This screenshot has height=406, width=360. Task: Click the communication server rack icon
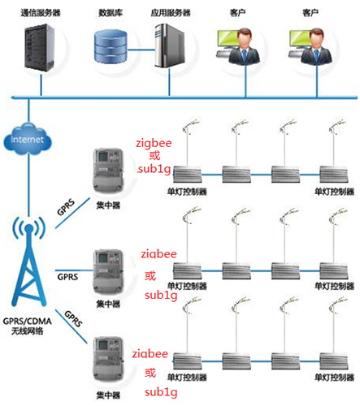coord(40,48)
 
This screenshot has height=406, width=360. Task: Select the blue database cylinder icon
coord(111,45)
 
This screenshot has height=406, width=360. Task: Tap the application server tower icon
coord(169,45)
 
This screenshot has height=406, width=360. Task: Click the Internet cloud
coord(28,139)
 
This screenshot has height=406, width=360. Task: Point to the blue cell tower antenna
coord(28,261)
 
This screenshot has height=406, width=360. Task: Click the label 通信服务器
coord(41,13)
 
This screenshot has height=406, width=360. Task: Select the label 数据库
coord(111,13)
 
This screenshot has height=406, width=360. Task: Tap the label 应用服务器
coord(171,13)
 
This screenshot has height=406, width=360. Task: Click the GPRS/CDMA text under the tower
coord(27,322)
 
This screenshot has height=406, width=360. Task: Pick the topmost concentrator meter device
coord(108,171)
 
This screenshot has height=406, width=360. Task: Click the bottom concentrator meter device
coord(108,360)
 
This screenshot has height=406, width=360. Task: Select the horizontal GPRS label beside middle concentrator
coord(67,277)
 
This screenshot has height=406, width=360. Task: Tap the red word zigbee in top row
coord(154,143)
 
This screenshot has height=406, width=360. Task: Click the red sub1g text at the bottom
coord(161,392)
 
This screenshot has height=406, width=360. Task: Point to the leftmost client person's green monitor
coord(227,39)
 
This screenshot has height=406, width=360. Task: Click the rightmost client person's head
coord(316,37)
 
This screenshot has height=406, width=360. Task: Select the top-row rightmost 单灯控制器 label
coord(334,192)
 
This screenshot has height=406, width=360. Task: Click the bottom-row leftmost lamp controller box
coord(187,361)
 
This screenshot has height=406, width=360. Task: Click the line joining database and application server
coord(141,50)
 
